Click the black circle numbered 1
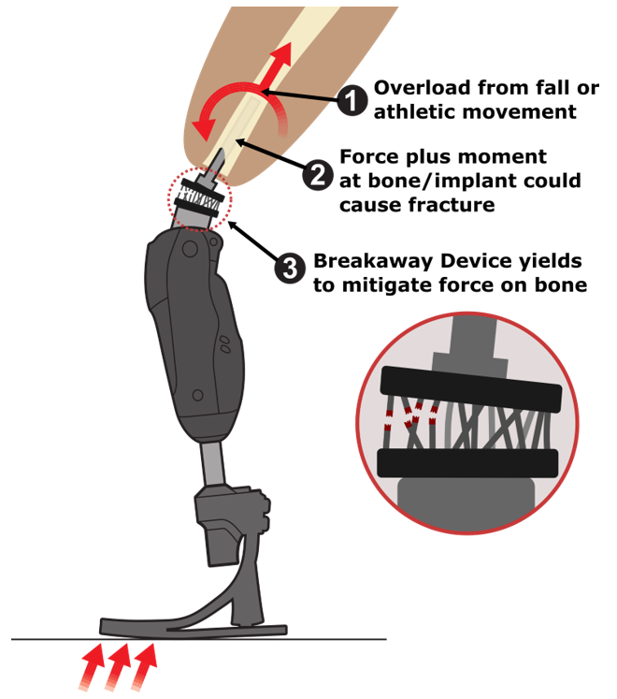352,101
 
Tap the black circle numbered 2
318,175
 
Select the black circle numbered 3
290,268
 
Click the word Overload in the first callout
423,88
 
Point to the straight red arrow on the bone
275,66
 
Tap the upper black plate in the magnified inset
471,387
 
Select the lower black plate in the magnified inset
467,463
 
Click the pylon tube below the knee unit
212,463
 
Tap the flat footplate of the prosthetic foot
193,628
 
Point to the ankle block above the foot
232,521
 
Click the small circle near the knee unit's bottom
197,395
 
